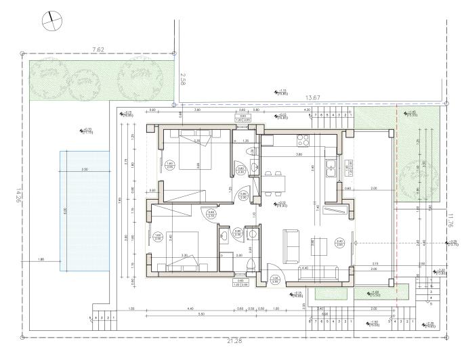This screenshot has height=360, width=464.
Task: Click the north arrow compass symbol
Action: tap(49, 20)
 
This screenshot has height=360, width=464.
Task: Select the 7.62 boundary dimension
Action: tap(99, 49)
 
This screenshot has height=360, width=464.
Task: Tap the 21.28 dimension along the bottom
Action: tap(234, 340)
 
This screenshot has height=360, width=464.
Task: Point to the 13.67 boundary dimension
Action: tap(312, 98)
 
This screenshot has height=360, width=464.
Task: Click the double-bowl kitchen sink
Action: tap(331, 167)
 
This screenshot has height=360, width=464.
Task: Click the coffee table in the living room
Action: tap(318, 248)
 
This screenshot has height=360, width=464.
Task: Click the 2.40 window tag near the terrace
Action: tap(340, 242)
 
